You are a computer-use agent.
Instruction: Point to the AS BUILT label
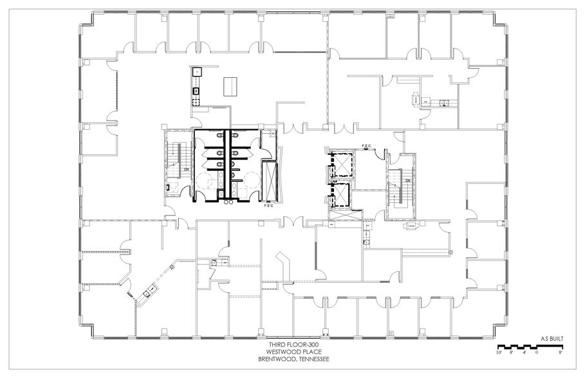551,336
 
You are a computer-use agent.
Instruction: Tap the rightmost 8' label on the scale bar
561,353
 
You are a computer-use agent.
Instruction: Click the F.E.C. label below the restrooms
268,206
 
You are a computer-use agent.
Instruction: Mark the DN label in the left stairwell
186,169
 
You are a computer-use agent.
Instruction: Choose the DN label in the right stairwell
408,181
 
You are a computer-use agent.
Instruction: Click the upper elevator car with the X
342,163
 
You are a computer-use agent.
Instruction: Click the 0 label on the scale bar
536,353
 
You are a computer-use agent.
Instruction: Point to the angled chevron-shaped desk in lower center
283,264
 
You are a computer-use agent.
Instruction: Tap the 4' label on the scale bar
524,353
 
